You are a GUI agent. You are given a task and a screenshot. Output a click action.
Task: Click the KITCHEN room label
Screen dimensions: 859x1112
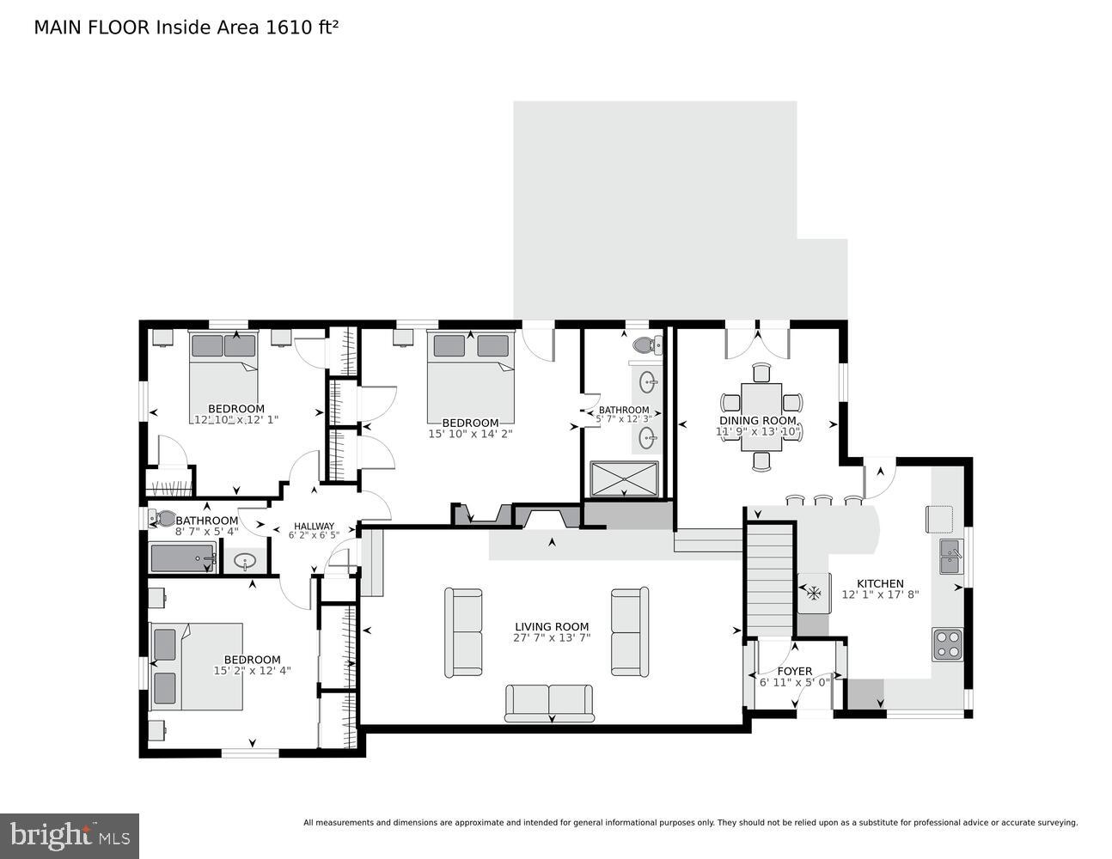[880, 583]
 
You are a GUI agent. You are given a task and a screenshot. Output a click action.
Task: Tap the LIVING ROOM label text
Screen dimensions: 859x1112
[552, 626]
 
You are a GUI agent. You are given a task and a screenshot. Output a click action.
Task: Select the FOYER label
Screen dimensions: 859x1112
[794, 671]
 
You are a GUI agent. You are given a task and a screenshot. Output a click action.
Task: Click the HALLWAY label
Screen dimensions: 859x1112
[314, 526]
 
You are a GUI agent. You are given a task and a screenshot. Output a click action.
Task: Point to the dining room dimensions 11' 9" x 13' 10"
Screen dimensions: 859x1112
[759, 431]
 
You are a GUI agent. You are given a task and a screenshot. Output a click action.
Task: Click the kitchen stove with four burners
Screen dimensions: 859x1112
[947, 644]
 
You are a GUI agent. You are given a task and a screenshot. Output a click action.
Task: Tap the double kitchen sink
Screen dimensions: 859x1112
[950, 556]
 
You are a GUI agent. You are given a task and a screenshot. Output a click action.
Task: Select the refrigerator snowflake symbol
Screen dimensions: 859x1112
[812, 593]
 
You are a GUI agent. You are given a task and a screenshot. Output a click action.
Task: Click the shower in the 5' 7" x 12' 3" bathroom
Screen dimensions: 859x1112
[624, 478]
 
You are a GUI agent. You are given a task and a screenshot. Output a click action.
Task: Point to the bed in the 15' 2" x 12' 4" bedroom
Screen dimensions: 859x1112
[195, 666]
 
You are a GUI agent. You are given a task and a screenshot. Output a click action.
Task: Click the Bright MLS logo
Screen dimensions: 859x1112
[70, 835]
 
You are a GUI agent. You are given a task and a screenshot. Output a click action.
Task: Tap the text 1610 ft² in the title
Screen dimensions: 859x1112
[302, 27]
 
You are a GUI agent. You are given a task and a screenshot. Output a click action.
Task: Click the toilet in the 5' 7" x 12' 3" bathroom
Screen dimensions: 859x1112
[645, 345]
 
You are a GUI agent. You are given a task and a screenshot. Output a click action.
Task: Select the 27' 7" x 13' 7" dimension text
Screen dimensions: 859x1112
[552, 638]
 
